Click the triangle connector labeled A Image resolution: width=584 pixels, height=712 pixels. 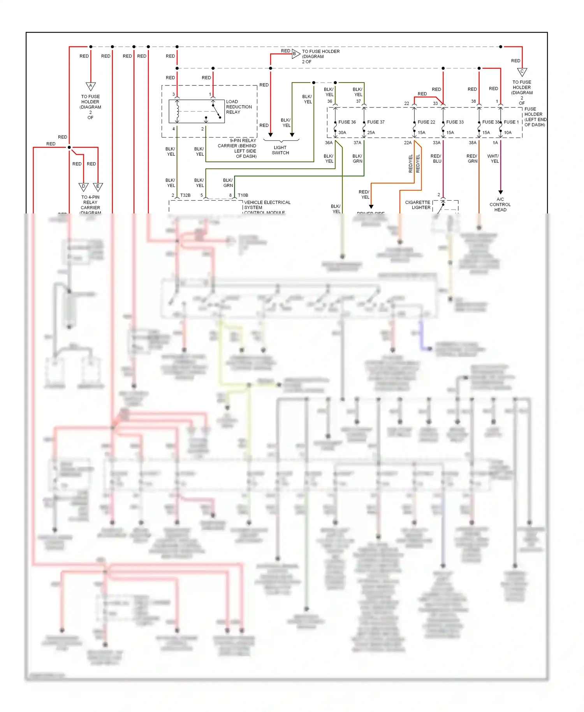click(x=91, y=86)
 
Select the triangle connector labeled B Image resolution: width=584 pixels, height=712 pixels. click(x=296, y=54)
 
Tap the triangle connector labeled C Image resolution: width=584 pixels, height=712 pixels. click(x=522, y=72)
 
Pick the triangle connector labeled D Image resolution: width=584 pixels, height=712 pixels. click(x=83, y=187)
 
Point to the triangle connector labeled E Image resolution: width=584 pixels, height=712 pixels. click(x=98, y=187)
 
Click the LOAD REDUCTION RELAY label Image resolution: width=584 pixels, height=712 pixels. click(x=239, y=107)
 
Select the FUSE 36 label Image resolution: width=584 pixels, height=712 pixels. click(x=347, y=122)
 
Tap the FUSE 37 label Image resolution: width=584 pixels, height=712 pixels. click(x=376, y=122)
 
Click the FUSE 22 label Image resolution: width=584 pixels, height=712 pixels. click(x=426, y=122)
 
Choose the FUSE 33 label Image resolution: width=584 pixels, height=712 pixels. click(x=455, y=122)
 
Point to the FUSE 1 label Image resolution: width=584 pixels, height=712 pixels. click(x=511, y=122)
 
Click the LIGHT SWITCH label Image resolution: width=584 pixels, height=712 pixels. click(x=280, y=150)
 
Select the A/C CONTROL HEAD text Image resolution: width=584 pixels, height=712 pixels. click(x=500, y=204)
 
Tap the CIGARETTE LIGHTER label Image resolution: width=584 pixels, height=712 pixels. click(x=418, y=205)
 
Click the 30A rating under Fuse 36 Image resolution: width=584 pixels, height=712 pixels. click(x=342, y=132)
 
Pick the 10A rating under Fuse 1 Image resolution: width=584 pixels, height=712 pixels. click(x=508, y=132)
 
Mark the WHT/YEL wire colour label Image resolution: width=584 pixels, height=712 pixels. click(x=493, y=159)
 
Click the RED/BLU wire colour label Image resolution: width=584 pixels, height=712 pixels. click(x=436, y=159)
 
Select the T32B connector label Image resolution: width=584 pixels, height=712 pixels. click(x=185, y=195)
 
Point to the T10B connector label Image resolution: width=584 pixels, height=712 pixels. click(x=243, y=195)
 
